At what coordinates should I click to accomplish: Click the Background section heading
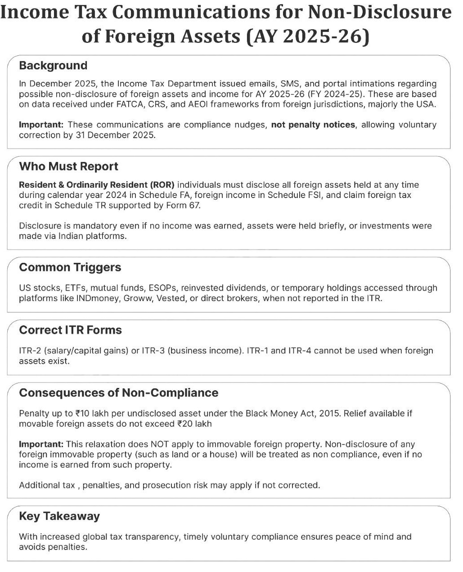point(53,66)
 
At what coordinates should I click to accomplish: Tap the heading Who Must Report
point(68,167)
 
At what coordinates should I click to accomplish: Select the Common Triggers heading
point(70,267)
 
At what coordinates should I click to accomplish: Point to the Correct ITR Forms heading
point(70,330)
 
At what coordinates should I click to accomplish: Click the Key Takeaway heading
point(59,516)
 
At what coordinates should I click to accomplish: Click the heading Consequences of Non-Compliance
point(119,393)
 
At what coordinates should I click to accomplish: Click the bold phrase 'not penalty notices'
point(313,125)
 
